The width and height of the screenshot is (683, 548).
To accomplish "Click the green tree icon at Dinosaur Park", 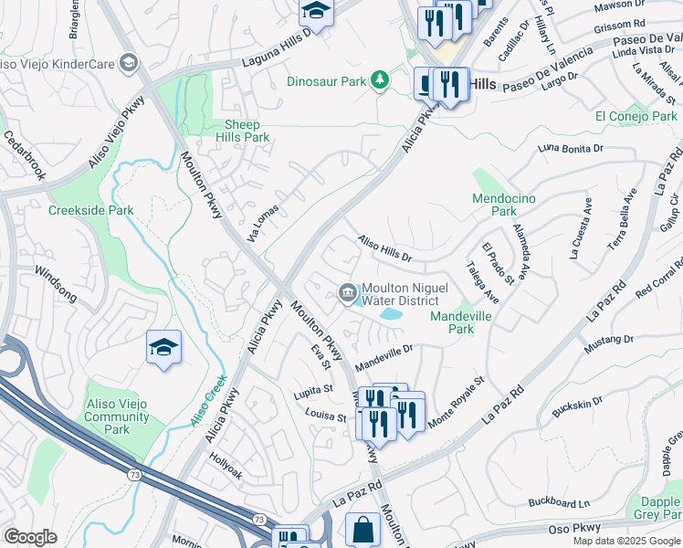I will pos(379,81).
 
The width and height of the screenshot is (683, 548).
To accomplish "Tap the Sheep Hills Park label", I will pos(242,131).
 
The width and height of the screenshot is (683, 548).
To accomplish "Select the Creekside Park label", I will pos(90,210).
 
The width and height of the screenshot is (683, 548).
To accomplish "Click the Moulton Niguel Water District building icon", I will pos(347,292).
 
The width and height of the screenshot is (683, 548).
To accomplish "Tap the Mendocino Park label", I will pos(503,205).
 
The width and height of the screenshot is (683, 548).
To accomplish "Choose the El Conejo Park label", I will pos(636,116).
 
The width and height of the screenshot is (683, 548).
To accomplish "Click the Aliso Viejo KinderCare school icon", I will pos(128,63).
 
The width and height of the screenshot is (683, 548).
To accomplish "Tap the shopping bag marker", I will pos(363,528).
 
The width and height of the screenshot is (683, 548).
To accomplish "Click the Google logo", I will pos(30,537).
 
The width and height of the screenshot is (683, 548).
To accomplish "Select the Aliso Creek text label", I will pos(208,402).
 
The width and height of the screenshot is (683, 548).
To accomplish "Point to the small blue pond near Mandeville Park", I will pos(392,313).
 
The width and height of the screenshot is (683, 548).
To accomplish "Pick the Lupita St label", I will pos(314,388).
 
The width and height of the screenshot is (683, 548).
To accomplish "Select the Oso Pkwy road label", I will pos(572,529).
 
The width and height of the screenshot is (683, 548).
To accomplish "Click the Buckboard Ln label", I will pos(559,501).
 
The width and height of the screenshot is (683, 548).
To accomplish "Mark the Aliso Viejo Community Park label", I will pos(117,416).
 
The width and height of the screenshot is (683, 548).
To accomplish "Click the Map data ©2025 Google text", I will pos(625,541).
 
